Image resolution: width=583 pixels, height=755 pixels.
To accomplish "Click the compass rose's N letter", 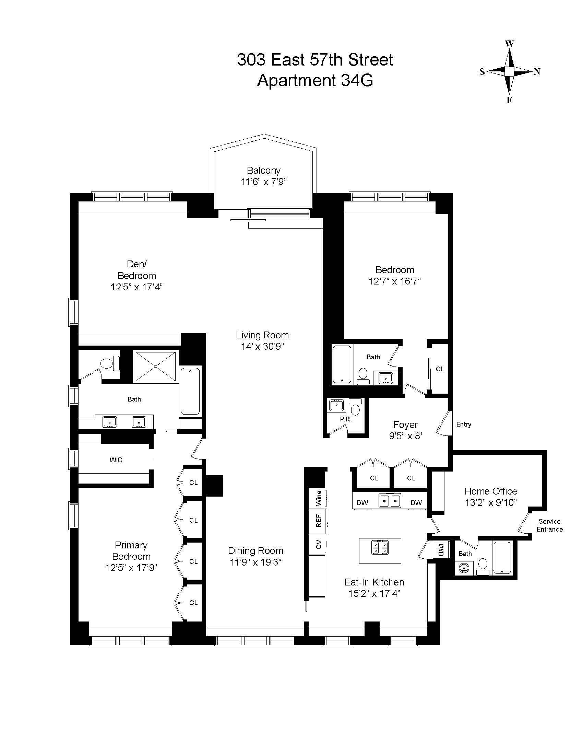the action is pos(537,72).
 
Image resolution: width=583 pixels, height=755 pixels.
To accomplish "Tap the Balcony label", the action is pos(263,170).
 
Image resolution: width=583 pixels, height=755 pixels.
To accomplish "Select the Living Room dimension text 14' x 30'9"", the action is pos(262,346).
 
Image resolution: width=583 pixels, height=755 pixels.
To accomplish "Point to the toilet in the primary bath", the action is pos(110,363).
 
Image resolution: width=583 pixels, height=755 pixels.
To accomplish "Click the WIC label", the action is pos(116,460).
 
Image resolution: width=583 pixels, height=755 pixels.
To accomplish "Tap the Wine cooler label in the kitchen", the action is pos(319,498).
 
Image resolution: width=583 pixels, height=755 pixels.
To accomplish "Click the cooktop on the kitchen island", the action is pos(380,547).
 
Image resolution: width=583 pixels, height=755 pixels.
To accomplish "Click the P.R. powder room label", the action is pos(346,419).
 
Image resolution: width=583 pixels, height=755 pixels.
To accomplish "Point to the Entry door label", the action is pos(464,425).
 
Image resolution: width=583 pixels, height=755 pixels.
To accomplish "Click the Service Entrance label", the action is pos(549,525).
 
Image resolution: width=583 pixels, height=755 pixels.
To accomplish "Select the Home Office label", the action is pos(490,491).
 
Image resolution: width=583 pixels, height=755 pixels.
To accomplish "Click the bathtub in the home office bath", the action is pos(502,558).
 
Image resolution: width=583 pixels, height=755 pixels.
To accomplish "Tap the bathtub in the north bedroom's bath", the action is pos(342,364).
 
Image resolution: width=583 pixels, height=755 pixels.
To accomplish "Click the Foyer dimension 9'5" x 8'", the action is pos(405,436).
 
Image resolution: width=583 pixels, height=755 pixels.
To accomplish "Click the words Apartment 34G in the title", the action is pos(315,81).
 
